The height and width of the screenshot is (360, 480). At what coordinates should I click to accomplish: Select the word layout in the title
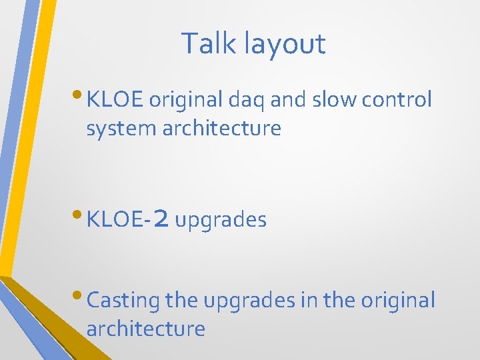click(x=285, y=44)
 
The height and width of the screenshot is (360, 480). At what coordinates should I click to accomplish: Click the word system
click(x=121, y=128)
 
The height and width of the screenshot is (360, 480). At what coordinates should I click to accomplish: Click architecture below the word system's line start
click(x=223, y=128)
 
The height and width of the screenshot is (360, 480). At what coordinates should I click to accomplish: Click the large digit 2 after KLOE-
click(x=161, y=219)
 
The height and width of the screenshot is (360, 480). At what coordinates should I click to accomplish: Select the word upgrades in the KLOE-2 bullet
click(x=221, y=219)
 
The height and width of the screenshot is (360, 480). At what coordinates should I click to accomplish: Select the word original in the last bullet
click(x=398, y=300)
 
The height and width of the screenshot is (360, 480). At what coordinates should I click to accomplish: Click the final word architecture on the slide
click(x=146, y=329)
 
